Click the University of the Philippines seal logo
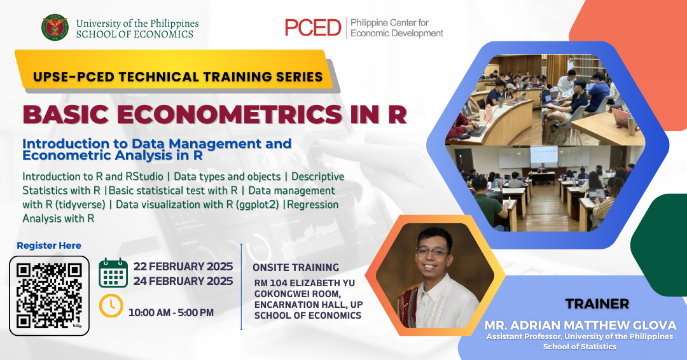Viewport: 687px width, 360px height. (55, 27)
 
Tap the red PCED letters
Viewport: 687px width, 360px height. (313, 27)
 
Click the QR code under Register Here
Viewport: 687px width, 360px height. (49, 296)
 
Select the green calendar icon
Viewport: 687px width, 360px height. (113, 273)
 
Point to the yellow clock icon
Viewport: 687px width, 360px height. (111, 305)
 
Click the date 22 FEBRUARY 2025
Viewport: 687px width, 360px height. (183, 267)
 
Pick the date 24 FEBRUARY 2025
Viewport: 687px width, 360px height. (183, 280)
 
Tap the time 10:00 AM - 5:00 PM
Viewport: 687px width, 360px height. (171, 313)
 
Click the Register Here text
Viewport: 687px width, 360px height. (48, 246)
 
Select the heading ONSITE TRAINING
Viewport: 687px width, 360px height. (296, 267)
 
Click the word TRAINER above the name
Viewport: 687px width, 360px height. (597, 303)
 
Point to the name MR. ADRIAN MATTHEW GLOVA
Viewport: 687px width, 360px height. (580, 325)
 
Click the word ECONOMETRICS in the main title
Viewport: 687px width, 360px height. (229, 114)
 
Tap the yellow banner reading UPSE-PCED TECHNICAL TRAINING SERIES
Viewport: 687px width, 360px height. (177, 76)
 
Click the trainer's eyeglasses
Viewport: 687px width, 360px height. (431, 253)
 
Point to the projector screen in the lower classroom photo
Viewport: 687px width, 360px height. (544, 156)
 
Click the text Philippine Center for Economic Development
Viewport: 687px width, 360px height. (396, 28)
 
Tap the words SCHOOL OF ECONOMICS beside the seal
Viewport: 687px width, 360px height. (134, 34)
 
